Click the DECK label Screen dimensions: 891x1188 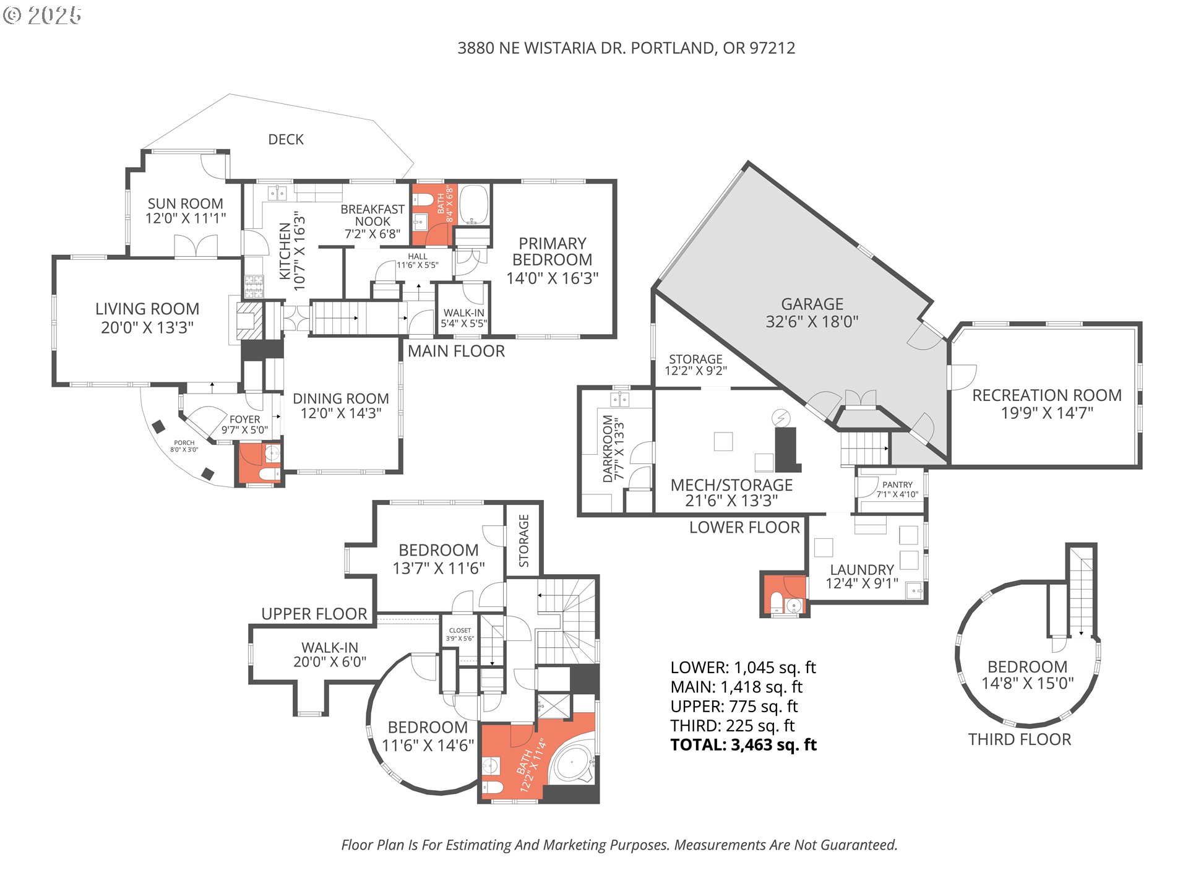[286, 140]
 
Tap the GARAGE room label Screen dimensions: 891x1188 [812, 304]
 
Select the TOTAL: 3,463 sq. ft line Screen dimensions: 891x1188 [743, 745]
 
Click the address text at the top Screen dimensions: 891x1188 [626, 48]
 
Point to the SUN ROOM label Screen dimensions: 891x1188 [185, 204]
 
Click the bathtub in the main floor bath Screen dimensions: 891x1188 [474, 204]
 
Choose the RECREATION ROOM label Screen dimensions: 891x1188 [1046, 395]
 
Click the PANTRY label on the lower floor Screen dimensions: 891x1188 [897, 485]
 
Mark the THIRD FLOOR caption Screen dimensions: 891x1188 [1019, 739]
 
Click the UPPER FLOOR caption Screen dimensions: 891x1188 [314, 614]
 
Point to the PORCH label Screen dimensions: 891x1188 [184, 443]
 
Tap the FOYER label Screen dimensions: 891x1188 [245, 420]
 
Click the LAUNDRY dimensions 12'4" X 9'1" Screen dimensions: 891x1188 [862, 583]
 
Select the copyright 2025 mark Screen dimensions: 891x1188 [42, 15]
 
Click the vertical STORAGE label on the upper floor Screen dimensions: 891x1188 [524, 540]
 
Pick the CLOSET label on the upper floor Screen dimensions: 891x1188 [460, 631]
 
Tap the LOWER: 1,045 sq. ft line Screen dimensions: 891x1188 [743, 668]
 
